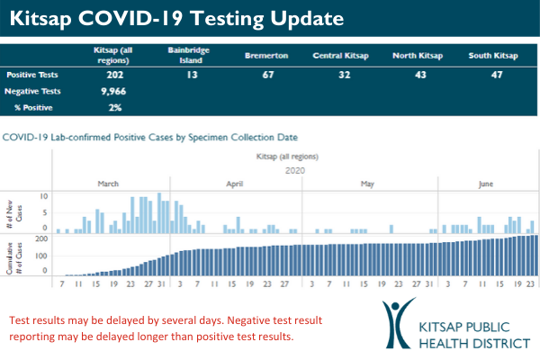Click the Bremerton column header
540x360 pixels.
[266, 55]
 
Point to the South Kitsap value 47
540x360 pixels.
[493, 76]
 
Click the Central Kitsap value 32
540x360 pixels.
[342, 76]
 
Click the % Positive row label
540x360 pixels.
[34, 108]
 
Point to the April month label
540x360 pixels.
[234, 184]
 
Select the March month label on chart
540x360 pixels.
[108, 184]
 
